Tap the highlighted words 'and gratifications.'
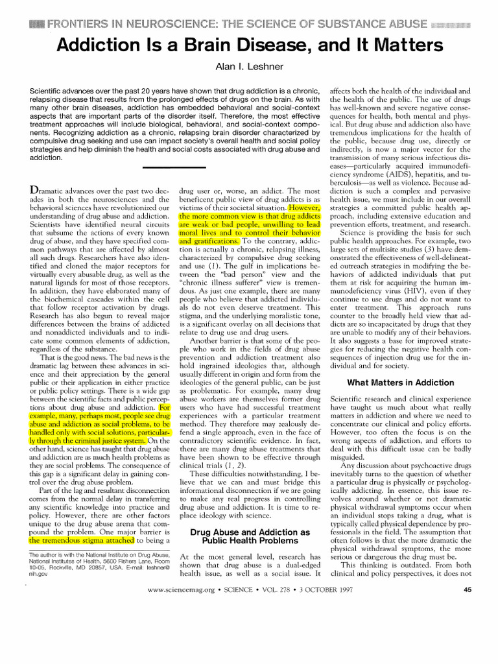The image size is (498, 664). pos(209,239)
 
